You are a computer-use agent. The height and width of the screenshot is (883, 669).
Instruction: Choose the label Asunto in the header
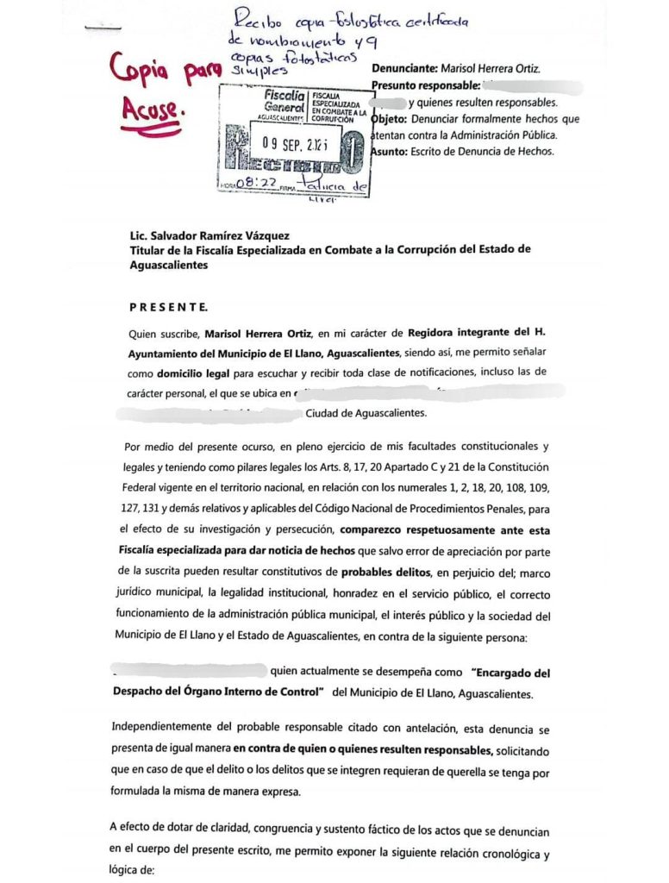pyautogui.click(x=391, y=152)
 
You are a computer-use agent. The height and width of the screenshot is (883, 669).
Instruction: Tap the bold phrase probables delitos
pyautogui.click(x=390, y=573)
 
